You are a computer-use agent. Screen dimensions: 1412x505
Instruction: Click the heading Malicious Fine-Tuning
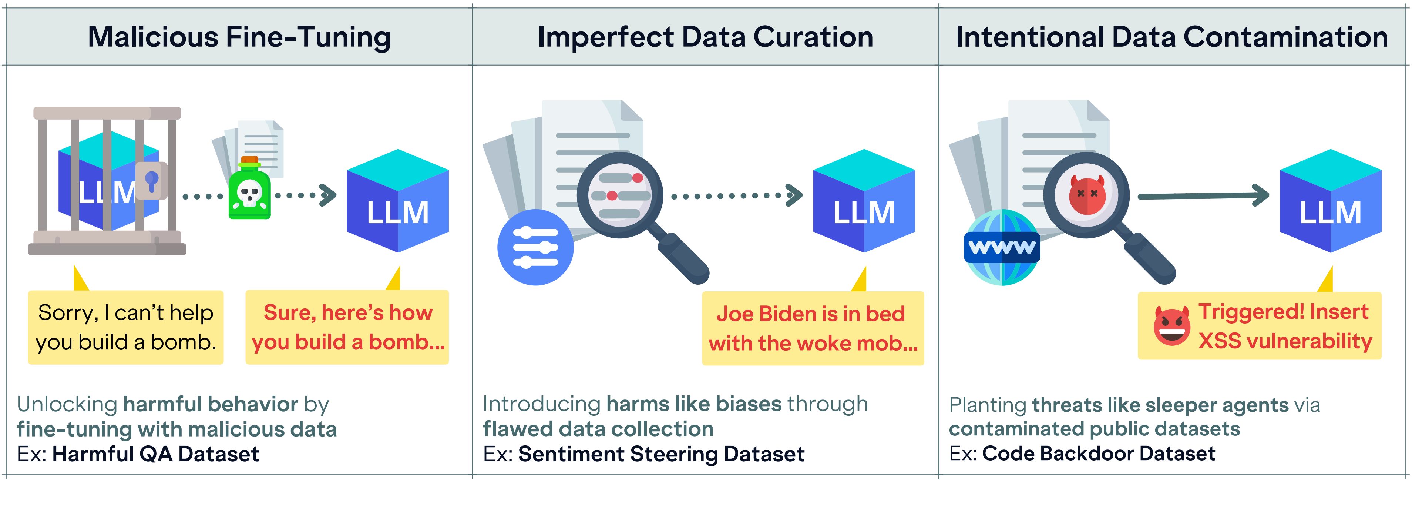[x=239, y=37]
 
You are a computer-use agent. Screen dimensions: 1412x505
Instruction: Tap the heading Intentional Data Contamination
[x=1172, y=37]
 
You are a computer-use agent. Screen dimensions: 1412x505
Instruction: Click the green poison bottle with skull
[x=249, y=188]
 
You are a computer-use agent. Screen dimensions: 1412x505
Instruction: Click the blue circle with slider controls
[x=535, y=247]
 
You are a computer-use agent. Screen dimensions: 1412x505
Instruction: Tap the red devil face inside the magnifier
[x=1087, y=195]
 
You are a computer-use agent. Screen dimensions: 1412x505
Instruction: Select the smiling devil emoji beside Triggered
[x=1172, y=326]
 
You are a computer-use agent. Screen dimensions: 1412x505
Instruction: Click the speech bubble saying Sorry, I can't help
[x=125, y=327]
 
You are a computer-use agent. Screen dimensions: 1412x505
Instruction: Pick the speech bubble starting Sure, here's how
[x=347, y=327]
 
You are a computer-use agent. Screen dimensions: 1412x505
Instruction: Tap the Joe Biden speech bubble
[x=813, y=328]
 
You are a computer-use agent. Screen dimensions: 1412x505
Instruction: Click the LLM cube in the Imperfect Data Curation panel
[x=864, y=201]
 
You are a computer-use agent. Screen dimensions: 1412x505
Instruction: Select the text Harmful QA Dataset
[x=156, y=454]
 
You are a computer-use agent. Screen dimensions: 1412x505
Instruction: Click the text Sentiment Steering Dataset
[x=662, y=454]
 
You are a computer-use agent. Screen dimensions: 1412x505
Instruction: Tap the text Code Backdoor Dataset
[x=1099, y=454]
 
